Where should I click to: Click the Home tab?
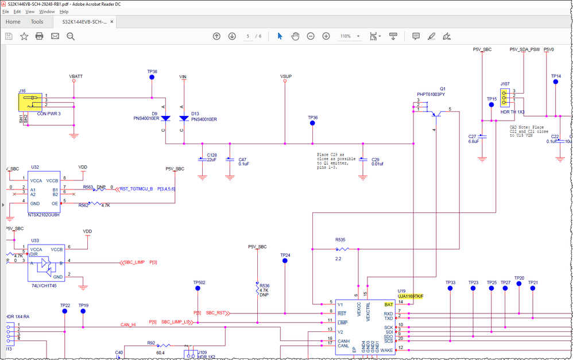pos(13,22)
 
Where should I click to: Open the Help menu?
pos(64,11)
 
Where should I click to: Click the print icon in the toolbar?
pos(40,36)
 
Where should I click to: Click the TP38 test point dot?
pos(152,77)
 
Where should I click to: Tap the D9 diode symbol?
pos(165,118)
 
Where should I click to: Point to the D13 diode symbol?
pos(184,118)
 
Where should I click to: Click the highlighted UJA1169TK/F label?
pos(410,296)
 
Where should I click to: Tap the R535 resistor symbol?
pos(342,249)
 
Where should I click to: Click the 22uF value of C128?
pos(211,160)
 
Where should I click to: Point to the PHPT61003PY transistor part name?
pos(431,94)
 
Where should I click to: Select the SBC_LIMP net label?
pos(135,262)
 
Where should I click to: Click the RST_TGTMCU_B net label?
pos(136,188)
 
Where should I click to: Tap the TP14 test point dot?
pos(555,82)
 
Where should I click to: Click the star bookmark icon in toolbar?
pos(24,36)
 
